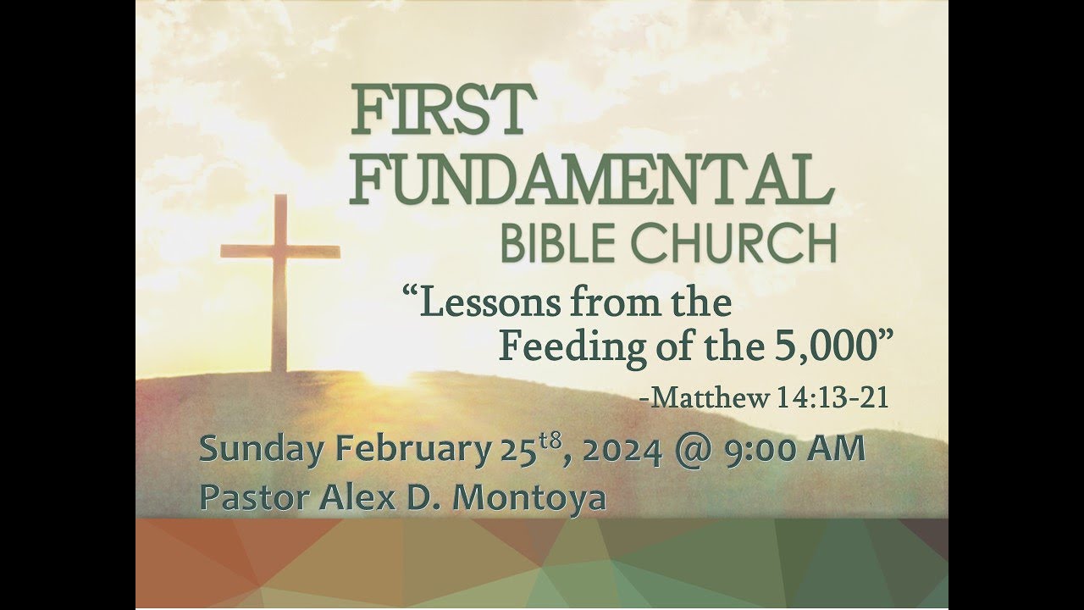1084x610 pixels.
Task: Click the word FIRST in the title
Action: (x=438, y=110)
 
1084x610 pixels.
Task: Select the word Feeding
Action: (x=560, y=347)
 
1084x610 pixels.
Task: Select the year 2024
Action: (x=622, y=450)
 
